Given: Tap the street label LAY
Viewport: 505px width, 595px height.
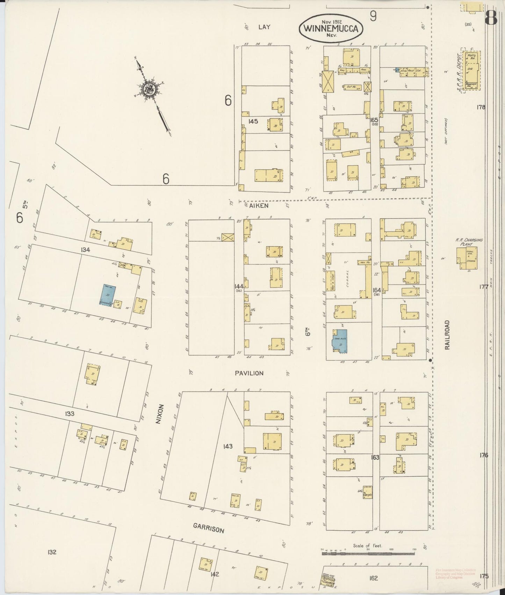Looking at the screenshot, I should click(x=265, y=27).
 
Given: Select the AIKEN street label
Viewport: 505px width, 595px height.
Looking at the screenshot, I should click(x=259, y=206).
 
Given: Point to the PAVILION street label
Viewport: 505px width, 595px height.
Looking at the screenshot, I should click(x=249, y=373).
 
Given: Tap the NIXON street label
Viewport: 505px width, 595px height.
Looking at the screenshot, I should click(x=160, y=414).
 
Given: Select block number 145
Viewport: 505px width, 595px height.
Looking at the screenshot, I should click(x=253, y=122).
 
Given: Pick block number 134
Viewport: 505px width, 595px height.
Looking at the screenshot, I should click(x=85, y=250).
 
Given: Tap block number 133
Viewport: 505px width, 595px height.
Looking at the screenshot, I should click(x=69, y=414).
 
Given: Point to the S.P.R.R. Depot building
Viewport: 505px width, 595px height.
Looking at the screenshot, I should click(x=471, y=71).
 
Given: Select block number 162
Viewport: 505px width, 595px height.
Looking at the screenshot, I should click(x=373, y=578).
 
